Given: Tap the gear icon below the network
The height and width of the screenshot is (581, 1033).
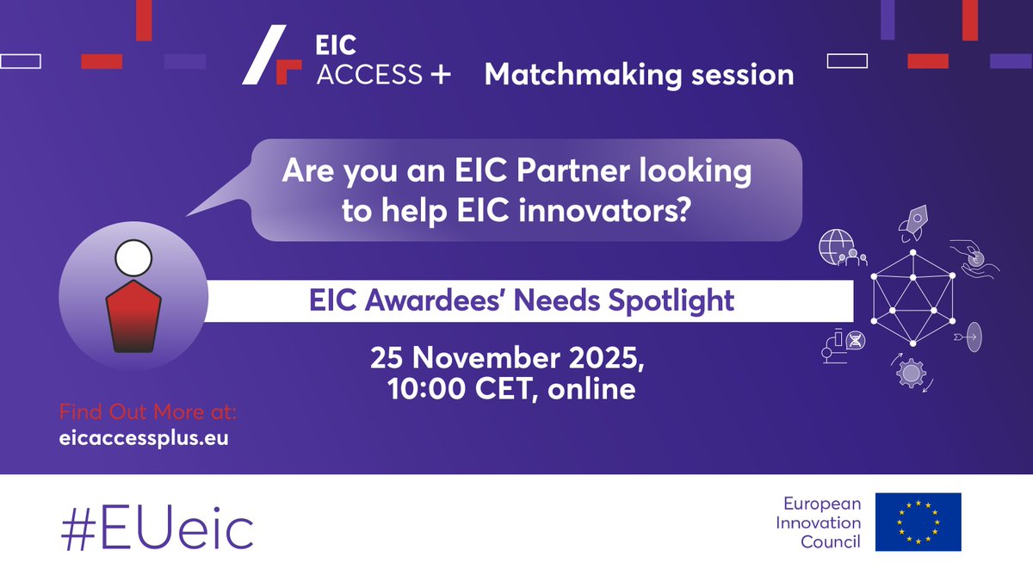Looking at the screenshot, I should (x=911, y=374).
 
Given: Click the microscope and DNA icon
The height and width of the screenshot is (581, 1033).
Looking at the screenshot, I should (x=848, y=341).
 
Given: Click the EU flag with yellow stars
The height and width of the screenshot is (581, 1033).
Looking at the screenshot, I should (x=918, y=522).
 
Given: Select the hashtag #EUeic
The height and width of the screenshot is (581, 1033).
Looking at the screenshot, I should (x=157, y=528).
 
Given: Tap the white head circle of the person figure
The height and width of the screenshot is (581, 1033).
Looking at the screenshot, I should (x=133, y=257).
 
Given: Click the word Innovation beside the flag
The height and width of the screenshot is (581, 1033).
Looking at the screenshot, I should (x=819, y=522).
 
